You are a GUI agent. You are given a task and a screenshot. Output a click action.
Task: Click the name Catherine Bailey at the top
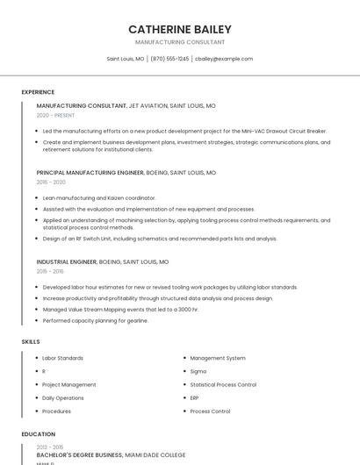click(180, 29)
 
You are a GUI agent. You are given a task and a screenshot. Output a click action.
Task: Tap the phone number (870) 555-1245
click(169, 59)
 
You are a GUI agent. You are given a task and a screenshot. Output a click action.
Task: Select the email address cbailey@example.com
click(224, 59)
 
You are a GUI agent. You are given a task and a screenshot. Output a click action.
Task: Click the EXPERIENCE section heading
click(38, 92)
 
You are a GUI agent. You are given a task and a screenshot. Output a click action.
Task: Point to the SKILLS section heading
click(31, 341)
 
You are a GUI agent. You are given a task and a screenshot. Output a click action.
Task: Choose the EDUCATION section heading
click(39, 434)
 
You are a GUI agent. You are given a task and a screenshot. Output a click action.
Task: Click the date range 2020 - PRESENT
click(55, 115)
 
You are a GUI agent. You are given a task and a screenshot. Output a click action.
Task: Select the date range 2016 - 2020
click(51, 182)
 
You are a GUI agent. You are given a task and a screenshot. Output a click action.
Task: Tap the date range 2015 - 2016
click(50, 271)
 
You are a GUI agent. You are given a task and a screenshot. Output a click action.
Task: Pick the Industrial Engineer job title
click(66, 261)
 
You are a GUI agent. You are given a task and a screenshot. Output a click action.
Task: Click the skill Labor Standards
click(62, 358)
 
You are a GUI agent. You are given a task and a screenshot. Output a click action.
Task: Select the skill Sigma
click(198, 371)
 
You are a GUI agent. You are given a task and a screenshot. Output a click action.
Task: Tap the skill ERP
click(195, 397)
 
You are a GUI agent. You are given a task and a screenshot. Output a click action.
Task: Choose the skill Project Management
click(68, 384)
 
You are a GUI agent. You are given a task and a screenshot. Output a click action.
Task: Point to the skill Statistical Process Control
click(223, 384)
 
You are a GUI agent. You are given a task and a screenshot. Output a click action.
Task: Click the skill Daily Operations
click(63, 397)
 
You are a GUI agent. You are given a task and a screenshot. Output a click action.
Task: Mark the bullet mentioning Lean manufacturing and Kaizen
click(98, 198)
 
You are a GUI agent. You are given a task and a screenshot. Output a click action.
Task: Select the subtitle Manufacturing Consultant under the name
click(180, 42)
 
